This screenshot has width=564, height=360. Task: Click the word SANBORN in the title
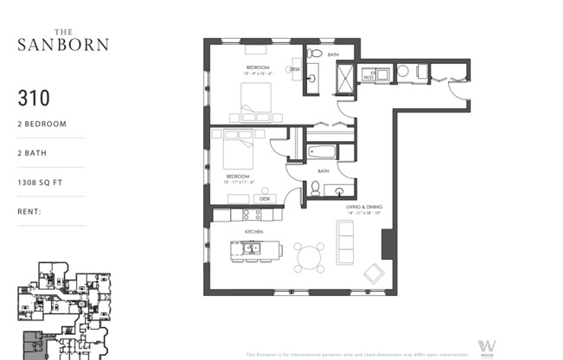coord(63,42)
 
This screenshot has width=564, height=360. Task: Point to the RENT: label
coord(31,211)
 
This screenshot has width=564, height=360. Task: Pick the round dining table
coord(310,256)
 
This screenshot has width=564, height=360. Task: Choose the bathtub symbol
coord(323,152)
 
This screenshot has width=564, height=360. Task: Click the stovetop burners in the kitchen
coord(251,214)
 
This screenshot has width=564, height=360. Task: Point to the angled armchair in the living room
coord(375,273)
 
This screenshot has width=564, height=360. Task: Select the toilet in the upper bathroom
coord(315,54)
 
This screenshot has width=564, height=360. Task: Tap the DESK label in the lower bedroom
coord(264,198)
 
